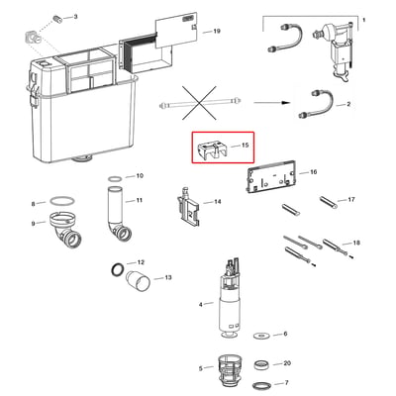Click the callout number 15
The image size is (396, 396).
pos(245,146)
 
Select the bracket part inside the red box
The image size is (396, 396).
pos(214,149)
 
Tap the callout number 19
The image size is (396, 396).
pos(217,32)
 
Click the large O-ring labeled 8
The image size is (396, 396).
pos(62,200)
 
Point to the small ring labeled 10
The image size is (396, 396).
pos(115,179)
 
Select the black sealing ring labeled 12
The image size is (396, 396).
pos(118,269)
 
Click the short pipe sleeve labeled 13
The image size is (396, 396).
pos(139,281)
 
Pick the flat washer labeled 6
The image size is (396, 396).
pos(261,336)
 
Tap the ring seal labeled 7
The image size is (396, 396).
pos(262,385)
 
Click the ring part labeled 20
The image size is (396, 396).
pos(263,365)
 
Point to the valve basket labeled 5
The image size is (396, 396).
pos(229,369)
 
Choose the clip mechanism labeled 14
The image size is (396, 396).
pos(188,207)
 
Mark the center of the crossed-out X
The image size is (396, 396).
pos(199,102)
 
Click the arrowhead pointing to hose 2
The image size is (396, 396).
pos(286,103)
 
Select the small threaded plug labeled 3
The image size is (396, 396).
pos(58,19)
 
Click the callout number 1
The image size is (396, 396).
pos(364,20)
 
